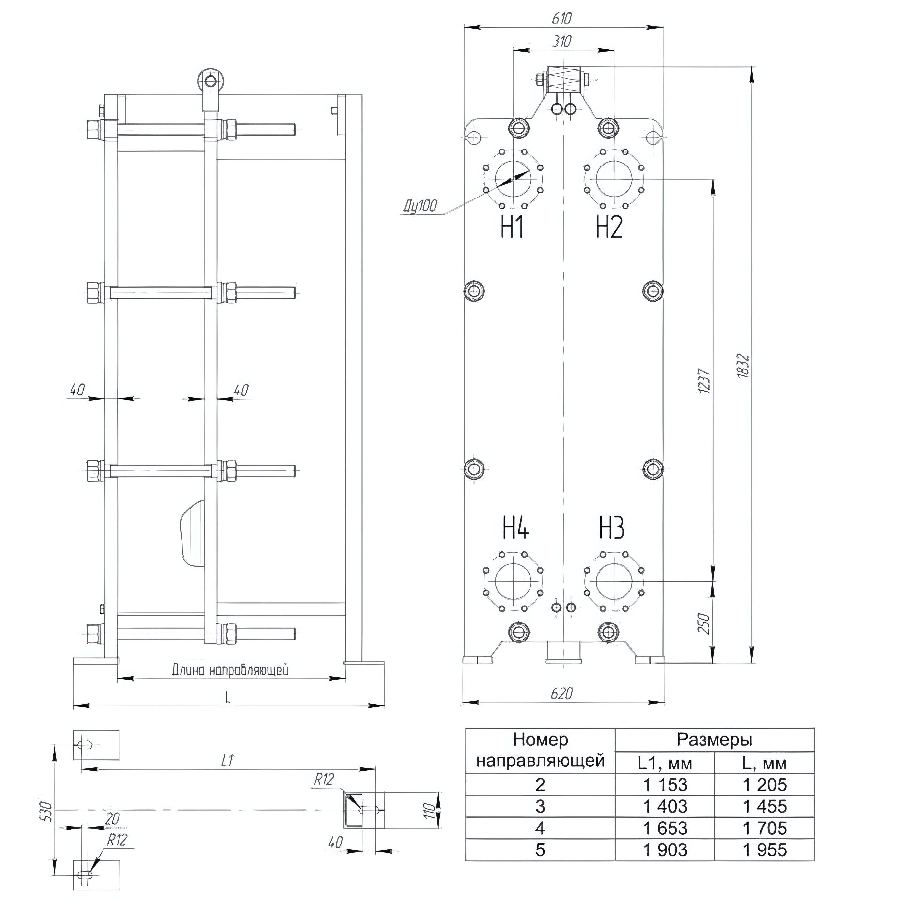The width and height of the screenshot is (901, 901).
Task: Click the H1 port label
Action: (x=512, y=228)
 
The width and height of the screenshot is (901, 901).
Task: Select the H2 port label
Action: (x=609, y=228)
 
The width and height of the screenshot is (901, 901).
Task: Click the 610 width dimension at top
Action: (x=561, y=19)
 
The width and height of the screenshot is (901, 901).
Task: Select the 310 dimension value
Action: (x=561, y=41)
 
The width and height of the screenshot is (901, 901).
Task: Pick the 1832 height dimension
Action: (x=743, y=366)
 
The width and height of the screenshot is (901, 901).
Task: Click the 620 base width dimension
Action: (x=561, y=693)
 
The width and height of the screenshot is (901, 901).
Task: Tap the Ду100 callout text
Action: (x=420, y=206)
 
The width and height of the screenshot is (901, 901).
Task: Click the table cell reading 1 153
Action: (x=665, y=785)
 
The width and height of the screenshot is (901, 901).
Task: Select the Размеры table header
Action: (x=715, y=740)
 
